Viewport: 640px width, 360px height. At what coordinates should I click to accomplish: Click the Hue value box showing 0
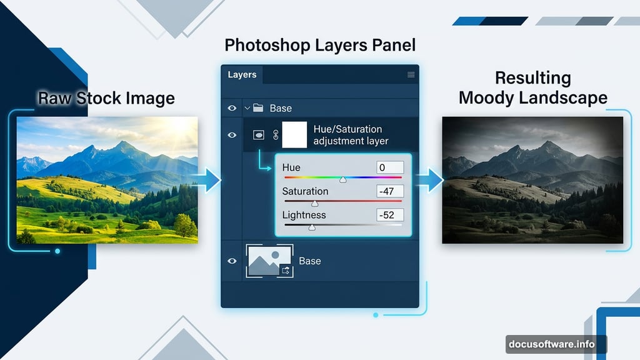390,167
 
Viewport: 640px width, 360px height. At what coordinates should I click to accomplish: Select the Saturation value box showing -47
390,191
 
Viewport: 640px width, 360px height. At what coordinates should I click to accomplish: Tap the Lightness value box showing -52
390,215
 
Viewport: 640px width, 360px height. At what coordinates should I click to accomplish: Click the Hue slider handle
342,179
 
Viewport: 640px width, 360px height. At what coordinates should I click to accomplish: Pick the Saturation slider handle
315,203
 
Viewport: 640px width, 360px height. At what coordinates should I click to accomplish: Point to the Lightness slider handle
312,227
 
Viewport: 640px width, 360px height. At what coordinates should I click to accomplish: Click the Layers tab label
242,75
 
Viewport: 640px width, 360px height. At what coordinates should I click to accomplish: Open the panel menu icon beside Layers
411,75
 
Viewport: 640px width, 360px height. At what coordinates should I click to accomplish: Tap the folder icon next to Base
257,108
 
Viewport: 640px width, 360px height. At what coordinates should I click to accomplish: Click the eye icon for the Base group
232,108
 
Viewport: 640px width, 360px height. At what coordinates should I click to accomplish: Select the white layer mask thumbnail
294,134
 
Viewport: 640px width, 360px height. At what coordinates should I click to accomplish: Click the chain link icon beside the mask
276,134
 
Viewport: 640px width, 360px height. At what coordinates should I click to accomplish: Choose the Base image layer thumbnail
269,261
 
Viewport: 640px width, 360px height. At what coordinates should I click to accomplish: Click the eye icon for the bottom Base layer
232,261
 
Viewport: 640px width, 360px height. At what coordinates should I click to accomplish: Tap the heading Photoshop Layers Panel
319,45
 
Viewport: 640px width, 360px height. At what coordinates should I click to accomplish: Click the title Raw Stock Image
106,98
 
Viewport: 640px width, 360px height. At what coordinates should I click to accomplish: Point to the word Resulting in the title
532,78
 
